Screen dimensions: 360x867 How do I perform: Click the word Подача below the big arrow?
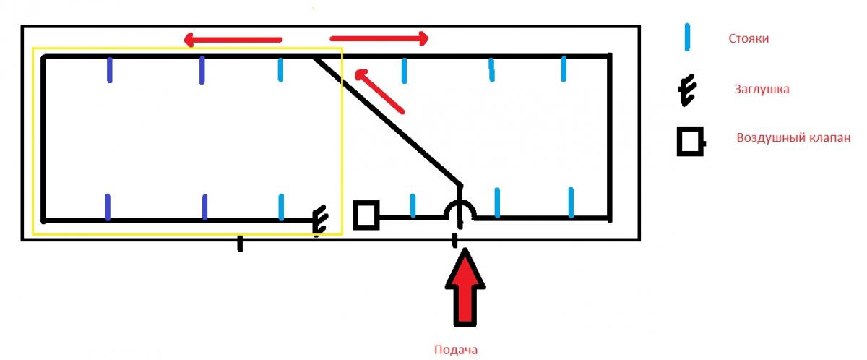click(x=455, y=350)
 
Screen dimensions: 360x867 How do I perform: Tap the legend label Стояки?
click(x=749, y=38)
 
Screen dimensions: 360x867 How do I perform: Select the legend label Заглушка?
click(x=761, y=90)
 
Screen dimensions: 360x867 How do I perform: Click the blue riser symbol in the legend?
click(x=688, y=37)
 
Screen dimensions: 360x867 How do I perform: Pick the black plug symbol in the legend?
click(x=687, y=91)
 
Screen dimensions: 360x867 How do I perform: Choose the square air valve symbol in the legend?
click(x=690, y=141)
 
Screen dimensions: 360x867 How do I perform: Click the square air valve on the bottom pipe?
click(x=366, y=215)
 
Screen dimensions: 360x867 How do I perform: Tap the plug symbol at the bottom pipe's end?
click(x=319, y=220)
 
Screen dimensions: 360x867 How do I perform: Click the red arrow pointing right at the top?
click(x=379, y=38)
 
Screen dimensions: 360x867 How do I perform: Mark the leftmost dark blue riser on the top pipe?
click(x=109, y=70)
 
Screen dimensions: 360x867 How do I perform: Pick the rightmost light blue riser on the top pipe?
click(x=564, y=69)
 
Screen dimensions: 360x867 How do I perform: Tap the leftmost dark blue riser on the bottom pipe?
click(x=108, y=207)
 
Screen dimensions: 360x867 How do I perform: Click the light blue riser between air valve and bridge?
click(x=413, y=205)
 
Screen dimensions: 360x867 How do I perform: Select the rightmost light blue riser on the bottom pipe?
click(x=571, y=202)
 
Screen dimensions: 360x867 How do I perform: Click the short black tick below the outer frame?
click(x=240, y=244)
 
